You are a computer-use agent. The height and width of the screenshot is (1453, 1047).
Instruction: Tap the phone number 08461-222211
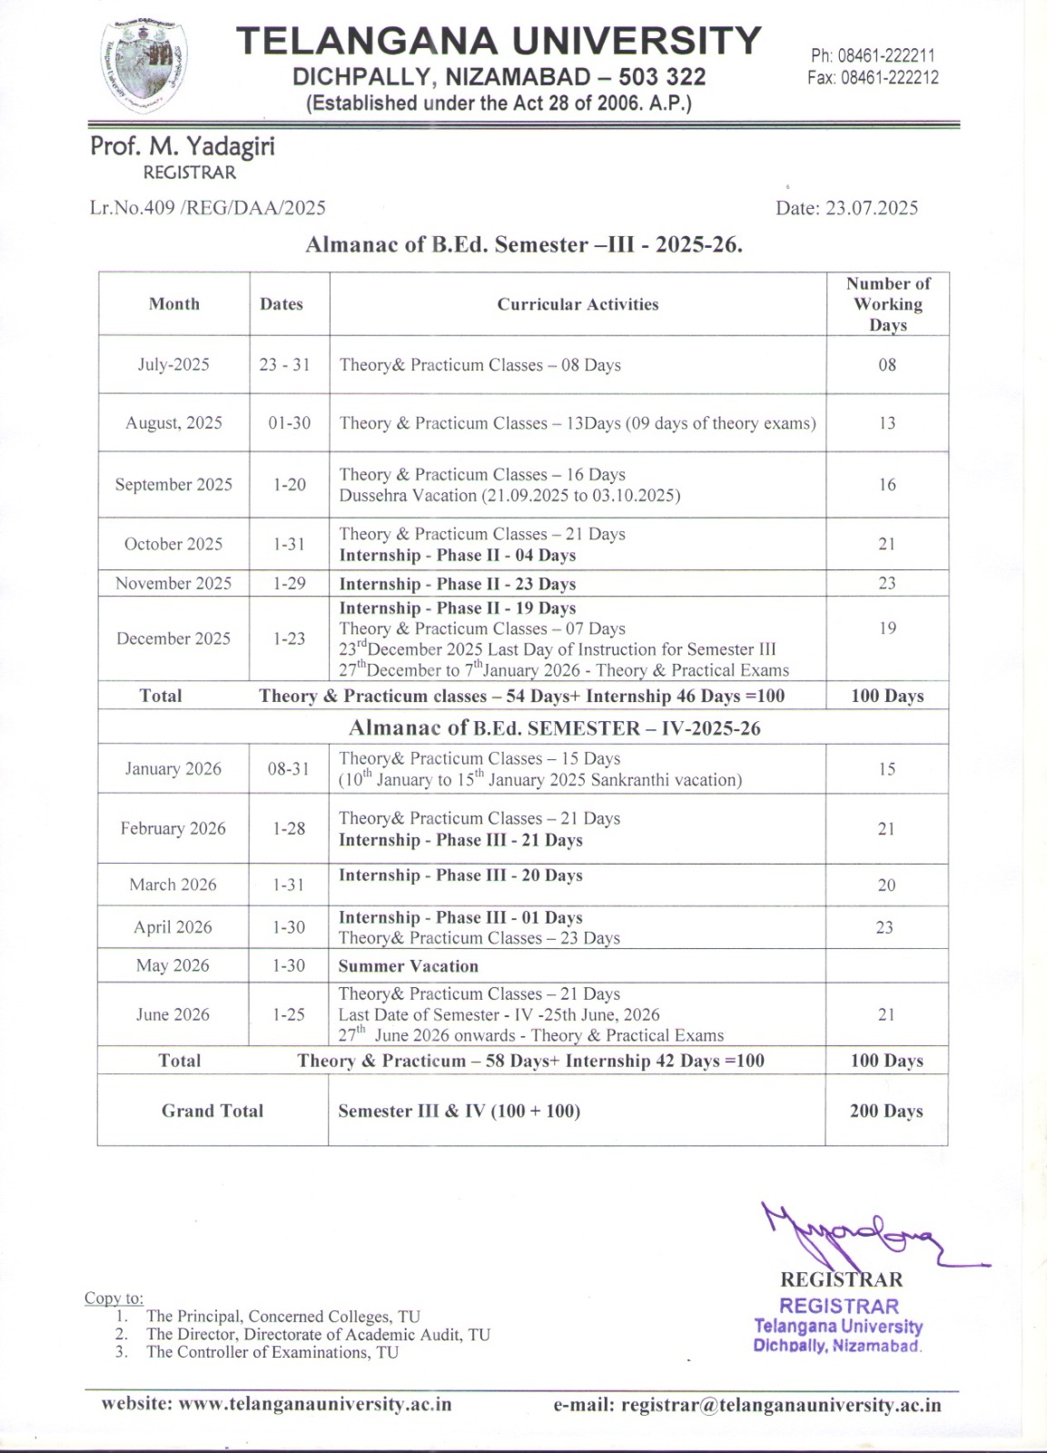[873, 56]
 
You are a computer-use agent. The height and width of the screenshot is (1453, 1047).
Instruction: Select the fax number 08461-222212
[873, 78]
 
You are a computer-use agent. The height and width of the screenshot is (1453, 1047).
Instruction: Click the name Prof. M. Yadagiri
[182, 146]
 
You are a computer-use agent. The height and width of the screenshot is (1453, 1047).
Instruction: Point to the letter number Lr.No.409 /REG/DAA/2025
[208, 208]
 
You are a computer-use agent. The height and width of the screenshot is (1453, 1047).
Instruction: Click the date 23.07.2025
[846, 208]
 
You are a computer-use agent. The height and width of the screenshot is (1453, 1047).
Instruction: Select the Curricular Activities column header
[578, 304]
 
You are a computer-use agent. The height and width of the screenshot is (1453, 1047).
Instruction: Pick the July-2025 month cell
[173, 365]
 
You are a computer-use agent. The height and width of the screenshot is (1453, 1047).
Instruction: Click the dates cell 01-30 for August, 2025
[289, 423]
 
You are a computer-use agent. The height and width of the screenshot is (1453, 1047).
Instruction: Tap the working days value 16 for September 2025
[887, 485]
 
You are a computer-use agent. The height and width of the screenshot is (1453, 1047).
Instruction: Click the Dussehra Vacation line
[509, 496]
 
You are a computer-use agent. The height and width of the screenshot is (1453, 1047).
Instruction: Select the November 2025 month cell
[173, 584]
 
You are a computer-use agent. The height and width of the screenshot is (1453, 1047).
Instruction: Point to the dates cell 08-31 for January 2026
[289, 769]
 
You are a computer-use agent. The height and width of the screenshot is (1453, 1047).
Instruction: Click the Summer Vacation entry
[408, 966]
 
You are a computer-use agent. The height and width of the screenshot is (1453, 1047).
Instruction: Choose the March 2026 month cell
[173, 885]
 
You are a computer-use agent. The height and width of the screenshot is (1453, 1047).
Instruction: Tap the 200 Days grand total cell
[886, 1111]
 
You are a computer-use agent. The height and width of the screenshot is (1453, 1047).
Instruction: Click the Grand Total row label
[212, 1111]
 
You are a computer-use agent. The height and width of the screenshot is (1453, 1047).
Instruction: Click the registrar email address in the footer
[747, 1405]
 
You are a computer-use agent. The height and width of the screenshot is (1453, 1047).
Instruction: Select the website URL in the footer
[276, 1404]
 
